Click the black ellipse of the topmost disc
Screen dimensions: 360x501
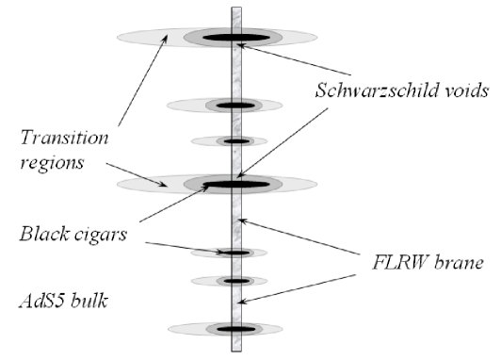coord(231,38)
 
